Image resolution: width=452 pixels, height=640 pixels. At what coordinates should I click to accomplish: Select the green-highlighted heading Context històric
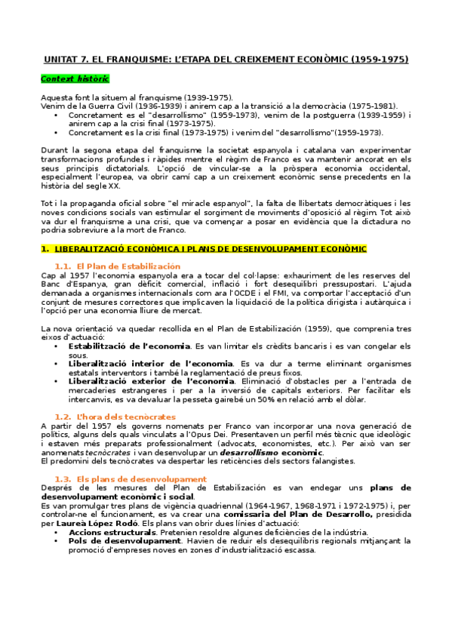coord(74,78)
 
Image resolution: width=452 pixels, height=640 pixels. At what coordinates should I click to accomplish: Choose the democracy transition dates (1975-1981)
coord(373,106)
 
